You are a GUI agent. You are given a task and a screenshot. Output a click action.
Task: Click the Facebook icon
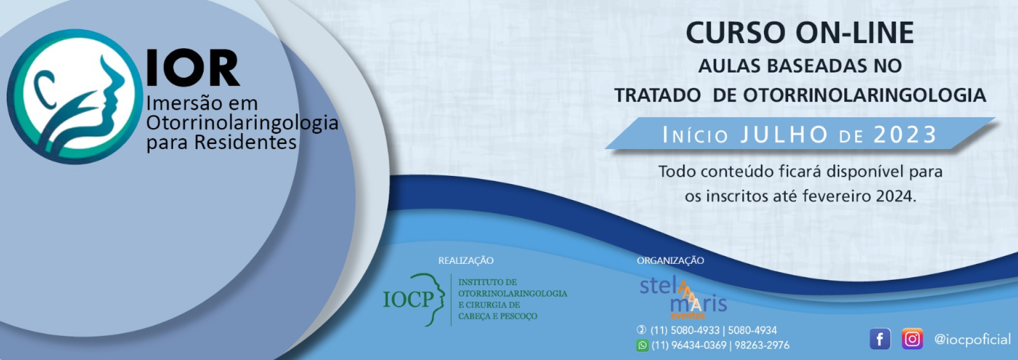pyautogui.click(x=880, y=339)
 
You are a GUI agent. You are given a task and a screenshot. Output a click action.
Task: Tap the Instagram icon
pyautogui.click(x=912, y=339)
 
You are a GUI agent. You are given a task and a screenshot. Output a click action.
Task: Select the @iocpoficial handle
pyautogui.click(x=972, y=339)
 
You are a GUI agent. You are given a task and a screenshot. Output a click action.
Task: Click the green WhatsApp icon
pyautogui.click(x=642, y=346)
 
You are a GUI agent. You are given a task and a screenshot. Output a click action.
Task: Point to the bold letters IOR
pyautogui.click(x=193, y=68)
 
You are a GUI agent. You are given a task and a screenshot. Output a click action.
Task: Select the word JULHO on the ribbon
pyautogui.click(x=784, y=135)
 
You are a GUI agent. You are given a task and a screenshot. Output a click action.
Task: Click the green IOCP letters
pyautogui.click(x=409, y=299)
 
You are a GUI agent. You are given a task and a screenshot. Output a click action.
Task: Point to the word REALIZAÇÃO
pyautogui.click(x=466, y=261)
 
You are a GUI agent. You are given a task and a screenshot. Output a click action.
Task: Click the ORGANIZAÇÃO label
pyautogui.click(x=670, y=261)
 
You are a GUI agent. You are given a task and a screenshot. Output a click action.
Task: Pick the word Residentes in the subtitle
pyautogui.click(x=245, y=142)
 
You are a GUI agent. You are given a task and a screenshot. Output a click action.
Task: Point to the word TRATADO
pyautogui.click(x=658, y=95)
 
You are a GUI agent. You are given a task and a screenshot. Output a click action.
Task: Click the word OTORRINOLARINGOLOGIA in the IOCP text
pyautogui.click(x=513, y=294)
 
